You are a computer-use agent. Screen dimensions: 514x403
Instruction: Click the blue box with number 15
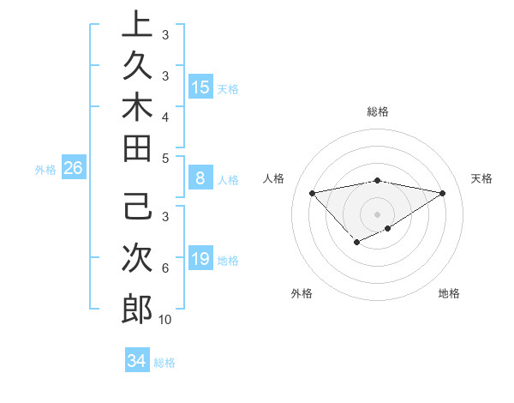200,87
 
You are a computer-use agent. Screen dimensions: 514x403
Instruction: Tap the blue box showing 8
200,178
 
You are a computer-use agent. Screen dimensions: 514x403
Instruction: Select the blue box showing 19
200,259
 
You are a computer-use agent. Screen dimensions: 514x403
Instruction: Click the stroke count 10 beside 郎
165,320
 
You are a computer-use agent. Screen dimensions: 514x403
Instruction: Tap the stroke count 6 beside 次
164,268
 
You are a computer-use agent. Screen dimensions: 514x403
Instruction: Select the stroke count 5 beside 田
164,158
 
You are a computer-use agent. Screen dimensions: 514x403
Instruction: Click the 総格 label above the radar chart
378,111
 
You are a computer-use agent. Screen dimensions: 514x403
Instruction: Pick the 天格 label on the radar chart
481,178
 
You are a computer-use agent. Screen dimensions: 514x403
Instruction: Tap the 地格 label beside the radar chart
449,293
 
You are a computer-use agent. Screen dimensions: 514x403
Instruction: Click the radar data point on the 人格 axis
313,192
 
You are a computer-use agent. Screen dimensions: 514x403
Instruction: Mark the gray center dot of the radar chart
378,214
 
